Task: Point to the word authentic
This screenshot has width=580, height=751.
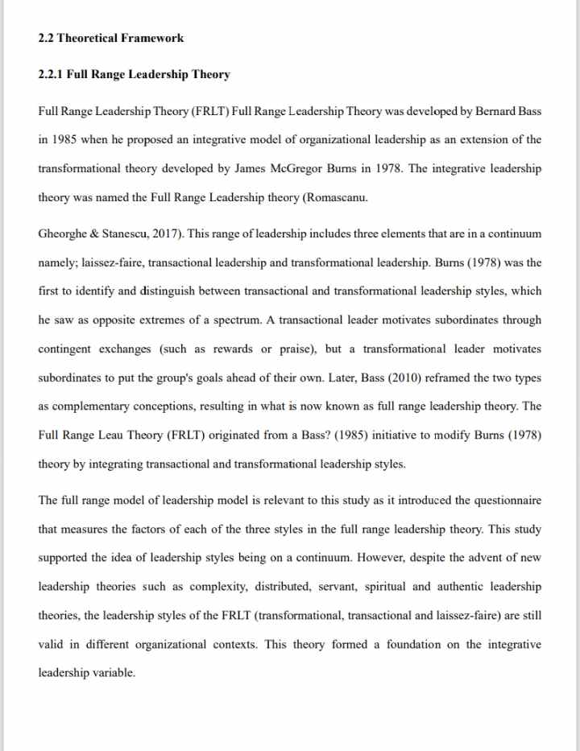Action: click(472, 588)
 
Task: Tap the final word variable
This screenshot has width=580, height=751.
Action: click(113, 674)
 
